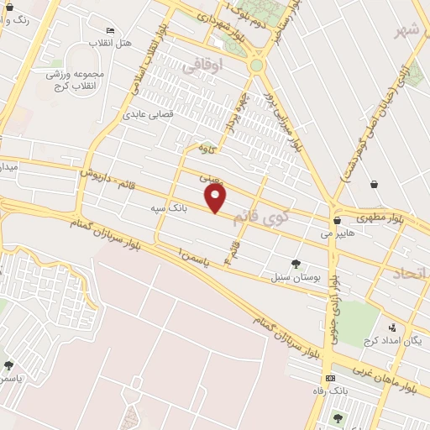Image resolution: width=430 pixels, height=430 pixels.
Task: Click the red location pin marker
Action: point(216,198)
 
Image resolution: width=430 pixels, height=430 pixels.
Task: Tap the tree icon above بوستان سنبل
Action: point(296,263)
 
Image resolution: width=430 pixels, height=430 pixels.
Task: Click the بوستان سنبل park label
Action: point(291,275)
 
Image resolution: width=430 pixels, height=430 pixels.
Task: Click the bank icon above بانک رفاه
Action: point(330,378)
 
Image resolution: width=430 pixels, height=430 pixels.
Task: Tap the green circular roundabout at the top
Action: point(256,65)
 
